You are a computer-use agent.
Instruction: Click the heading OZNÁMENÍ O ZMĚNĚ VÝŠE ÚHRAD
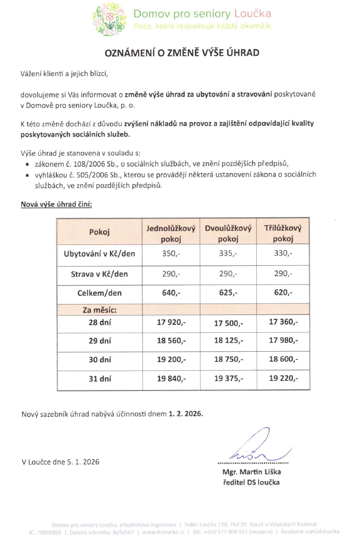(181, 53)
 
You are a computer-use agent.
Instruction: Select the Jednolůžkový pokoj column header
(171, 234)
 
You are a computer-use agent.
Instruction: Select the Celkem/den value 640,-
(171, 293)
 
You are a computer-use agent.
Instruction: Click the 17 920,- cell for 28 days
(171, 322)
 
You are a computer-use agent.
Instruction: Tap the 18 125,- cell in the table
(228, 342)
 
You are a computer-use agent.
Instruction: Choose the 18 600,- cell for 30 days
(283, 360)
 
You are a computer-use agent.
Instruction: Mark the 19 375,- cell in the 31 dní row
(228, 379)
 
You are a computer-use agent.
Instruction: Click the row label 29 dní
(100, 341)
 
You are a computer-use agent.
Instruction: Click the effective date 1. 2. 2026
(186, 414)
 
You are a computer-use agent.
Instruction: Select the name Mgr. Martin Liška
(252, 472)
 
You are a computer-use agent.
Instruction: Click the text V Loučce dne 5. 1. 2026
(60, 462)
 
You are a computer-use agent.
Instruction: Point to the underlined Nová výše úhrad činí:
(56, 205)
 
